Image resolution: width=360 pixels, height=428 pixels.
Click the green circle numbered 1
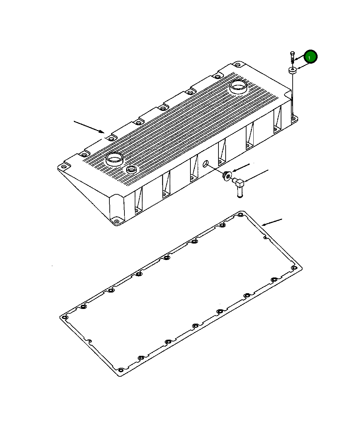[311, 57]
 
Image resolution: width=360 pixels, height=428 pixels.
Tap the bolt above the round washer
[292, 57]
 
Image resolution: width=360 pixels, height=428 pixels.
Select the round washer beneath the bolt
[293, 70]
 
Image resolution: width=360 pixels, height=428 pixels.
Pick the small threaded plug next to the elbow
[227, 176]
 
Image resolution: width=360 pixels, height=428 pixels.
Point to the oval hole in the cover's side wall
[205, 164]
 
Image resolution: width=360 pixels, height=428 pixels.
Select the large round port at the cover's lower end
[115, 159]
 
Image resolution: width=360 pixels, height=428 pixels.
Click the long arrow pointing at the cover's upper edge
[89, 127]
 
